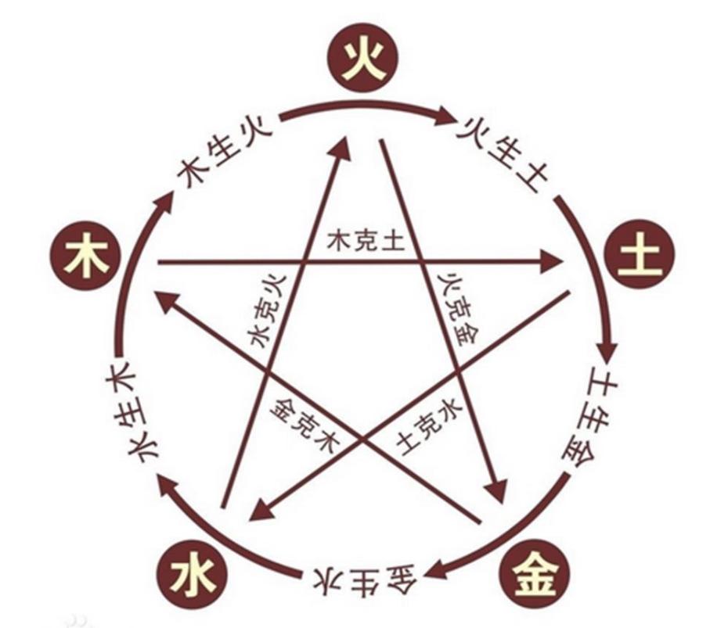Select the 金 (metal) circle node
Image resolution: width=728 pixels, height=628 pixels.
535,573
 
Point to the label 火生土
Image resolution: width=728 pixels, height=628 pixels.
503,153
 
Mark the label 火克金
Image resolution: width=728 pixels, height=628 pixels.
458,308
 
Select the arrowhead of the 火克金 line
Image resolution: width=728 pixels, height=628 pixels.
496,490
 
